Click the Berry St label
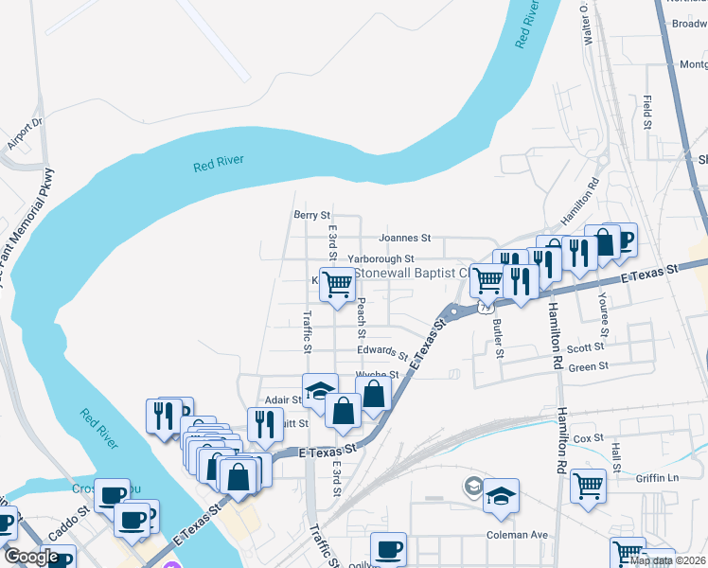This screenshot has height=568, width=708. pos(311,216)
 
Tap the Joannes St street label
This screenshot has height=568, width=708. pos(404,238)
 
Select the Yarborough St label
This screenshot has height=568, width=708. pos(381,258)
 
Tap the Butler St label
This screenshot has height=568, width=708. pos(497,338)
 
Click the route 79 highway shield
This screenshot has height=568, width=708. pos(485,307)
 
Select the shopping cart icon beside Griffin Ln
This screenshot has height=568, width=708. pos(589,486)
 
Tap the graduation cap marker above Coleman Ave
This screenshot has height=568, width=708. pos(501,497)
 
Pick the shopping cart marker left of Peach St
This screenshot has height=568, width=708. pos(337,283)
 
